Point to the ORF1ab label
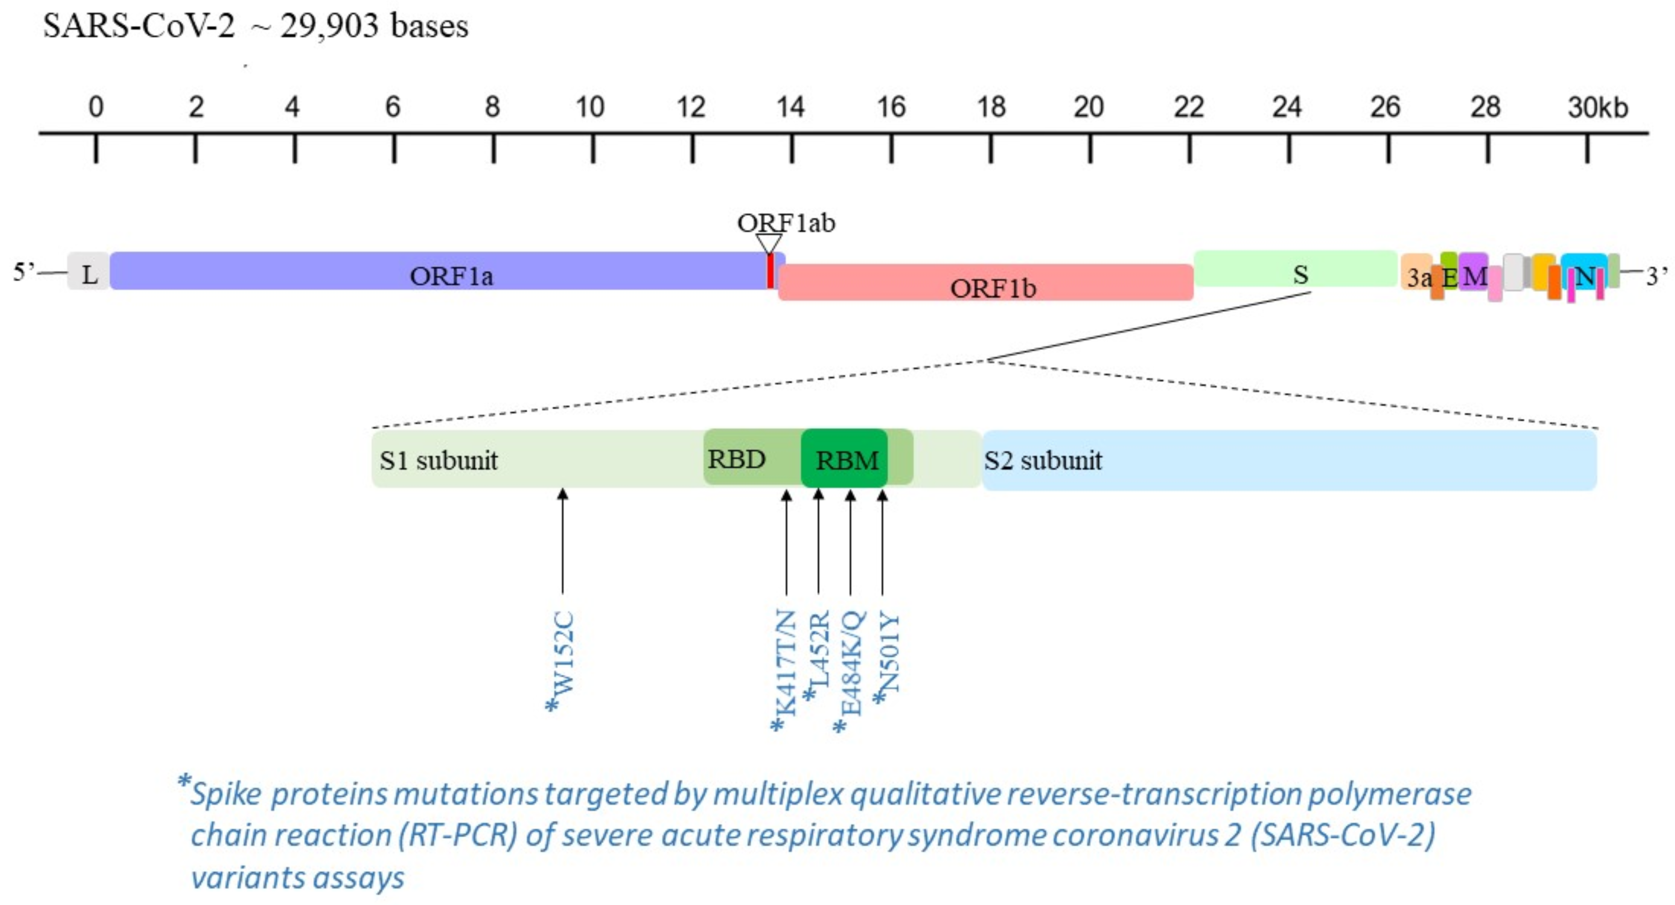pos(786,223)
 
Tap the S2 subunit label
pos(1043,460)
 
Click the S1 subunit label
pos(439,460)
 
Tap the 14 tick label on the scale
pos(791,107)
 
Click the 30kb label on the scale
pos(1597,107)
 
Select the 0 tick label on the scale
pos(95,107)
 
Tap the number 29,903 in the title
pos(329,26)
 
